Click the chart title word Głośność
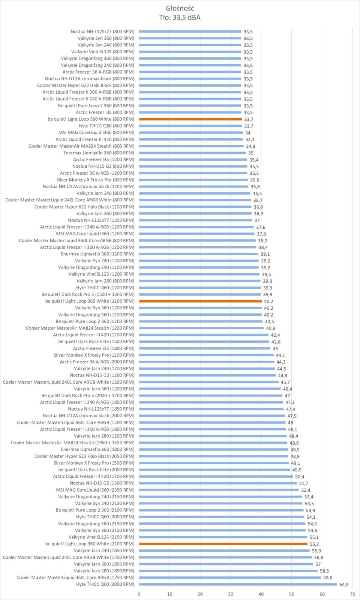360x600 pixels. click(x=180, y=8)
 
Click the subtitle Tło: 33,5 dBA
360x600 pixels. click(x=180, y=17)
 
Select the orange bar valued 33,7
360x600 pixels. click(x=190, y=119)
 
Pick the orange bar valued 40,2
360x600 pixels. click(x=200, y=301)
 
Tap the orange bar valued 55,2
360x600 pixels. click(x=223, y=544)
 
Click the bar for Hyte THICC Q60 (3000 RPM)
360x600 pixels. click(x=238, y=584)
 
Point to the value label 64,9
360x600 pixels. click(x=343, y=585)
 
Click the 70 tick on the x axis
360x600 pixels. click(x=352, y=594)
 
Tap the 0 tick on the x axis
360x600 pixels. click(x=139, y=594)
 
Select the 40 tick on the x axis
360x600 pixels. click(x=261, y=594)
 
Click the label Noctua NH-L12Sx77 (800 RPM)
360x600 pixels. click(x=102, y=31)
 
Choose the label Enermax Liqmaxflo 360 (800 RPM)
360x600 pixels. click(x=99, y=153)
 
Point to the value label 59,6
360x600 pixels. click(x=327, y=578)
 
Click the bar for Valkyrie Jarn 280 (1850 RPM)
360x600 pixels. click(x=228, y=571)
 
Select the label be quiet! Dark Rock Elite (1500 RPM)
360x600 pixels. click(x=96, y=342)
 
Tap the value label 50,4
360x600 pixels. click(x=300, y=477)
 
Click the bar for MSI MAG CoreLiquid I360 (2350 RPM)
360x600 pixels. click(x=219, y=490)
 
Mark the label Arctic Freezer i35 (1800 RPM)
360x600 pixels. click(x=103, y=348)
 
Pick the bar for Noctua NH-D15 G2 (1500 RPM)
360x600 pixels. click(x=218, y=483)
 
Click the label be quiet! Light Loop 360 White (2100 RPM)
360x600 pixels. click(x=90, y=544)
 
